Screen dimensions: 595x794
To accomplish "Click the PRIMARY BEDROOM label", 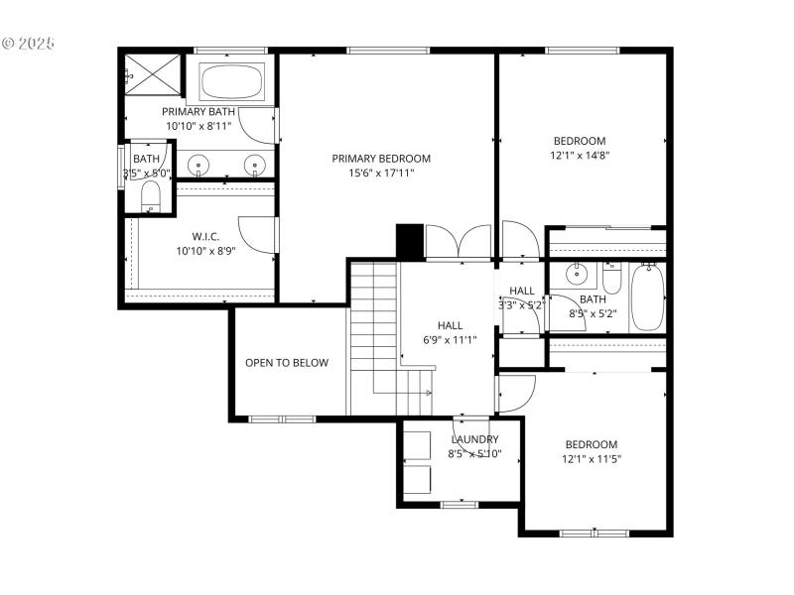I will point(381,159).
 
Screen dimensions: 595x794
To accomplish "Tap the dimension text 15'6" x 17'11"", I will point(381,173).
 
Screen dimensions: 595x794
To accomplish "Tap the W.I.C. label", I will point(205,236).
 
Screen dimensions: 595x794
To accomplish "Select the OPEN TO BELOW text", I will point(287,363).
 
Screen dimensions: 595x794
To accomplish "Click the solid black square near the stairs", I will point(410,241).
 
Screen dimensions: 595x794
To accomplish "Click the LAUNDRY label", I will point(474,439).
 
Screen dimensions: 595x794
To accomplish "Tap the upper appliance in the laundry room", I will point(417,444).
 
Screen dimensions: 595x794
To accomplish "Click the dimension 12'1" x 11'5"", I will point(592,458).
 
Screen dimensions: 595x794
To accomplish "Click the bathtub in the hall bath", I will point(647,297).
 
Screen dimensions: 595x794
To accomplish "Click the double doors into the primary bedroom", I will point(457,244).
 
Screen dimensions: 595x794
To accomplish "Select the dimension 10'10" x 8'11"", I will point(198,126).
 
